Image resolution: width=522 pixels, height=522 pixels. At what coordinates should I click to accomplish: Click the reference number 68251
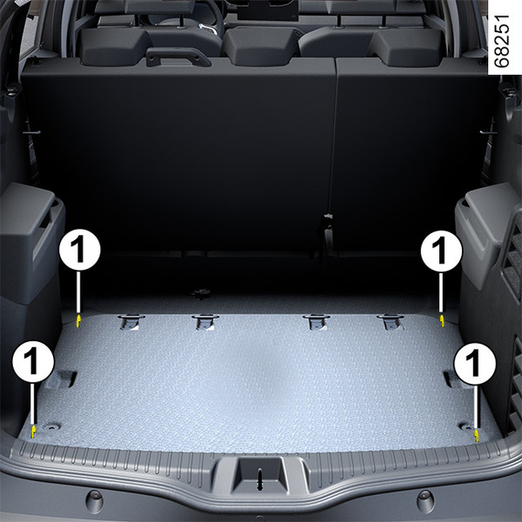tap(501, 41)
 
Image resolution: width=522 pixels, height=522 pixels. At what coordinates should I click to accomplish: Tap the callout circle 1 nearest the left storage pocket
tap(79, 250)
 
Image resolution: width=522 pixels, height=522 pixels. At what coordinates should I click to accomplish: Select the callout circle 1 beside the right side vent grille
tap(441, 251)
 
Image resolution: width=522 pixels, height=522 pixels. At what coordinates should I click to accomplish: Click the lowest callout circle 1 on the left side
tap(33, 362)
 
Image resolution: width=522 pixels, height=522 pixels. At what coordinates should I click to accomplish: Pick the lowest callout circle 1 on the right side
tap(475, 364)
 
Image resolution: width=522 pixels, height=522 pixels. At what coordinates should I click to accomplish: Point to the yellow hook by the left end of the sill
tap(33, 432)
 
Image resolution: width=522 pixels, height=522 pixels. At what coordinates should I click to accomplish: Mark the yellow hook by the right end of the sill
tap(477, 436)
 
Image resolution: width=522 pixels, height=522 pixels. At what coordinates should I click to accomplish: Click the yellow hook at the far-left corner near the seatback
tap(78, 320)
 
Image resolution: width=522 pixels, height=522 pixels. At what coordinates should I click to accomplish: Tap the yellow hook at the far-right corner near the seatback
tap(442, 320)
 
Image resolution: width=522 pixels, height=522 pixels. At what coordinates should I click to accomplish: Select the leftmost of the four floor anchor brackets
tap(130, 321)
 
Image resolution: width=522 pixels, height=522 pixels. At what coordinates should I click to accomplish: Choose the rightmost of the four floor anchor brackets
tap(390, 322)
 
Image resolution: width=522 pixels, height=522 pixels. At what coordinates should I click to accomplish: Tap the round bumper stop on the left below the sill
tap(94, 501)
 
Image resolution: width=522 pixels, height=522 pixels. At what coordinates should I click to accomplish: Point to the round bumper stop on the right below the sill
tap(425, 500)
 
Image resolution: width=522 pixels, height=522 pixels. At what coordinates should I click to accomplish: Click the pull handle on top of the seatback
tap(178, 57)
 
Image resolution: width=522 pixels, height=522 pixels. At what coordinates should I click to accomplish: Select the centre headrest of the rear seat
tap(261, 45)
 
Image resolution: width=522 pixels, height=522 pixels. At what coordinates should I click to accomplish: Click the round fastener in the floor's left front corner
tap(52, 426)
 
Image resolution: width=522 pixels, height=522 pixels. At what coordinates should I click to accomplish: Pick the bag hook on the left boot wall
tap(31, 132)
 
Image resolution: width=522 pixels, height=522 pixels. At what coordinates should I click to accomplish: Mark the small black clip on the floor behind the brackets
tap(201, 294)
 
